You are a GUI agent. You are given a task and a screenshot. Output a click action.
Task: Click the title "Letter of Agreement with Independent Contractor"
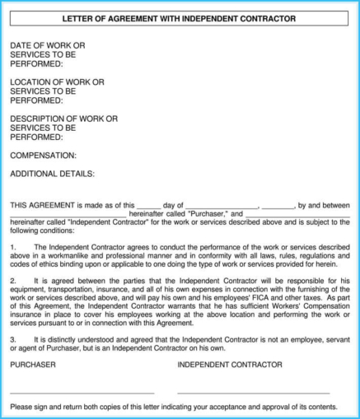180,18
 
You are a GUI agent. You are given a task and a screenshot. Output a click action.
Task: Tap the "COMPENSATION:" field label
43,155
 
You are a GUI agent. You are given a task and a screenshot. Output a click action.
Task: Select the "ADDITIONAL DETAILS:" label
52,174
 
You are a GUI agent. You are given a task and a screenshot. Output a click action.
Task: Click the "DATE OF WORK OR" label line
47,45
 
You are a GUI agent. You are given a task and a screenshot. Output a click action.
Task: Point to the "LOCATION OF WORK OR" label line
57,82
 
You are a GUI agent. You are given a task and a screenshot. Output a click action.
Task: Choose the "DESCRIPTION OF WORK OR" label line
63,119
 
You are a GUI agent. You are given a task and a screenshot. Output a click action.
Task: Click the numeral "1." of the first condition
13,246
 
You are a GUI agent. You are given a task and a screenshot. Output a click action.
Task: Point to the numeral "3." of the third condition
13,339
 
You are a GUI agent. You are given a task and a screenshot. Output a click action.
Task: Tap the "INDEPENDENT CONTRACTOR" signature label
230,364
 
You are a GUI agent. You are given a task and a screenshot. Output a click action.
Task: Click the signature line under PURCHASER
82,393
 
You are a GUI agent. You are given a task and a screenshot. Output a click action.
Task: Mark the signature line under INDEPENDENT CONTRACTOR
253,393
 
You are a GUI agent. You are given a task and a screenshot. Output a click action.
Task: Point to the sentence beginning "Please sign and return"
174,407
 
